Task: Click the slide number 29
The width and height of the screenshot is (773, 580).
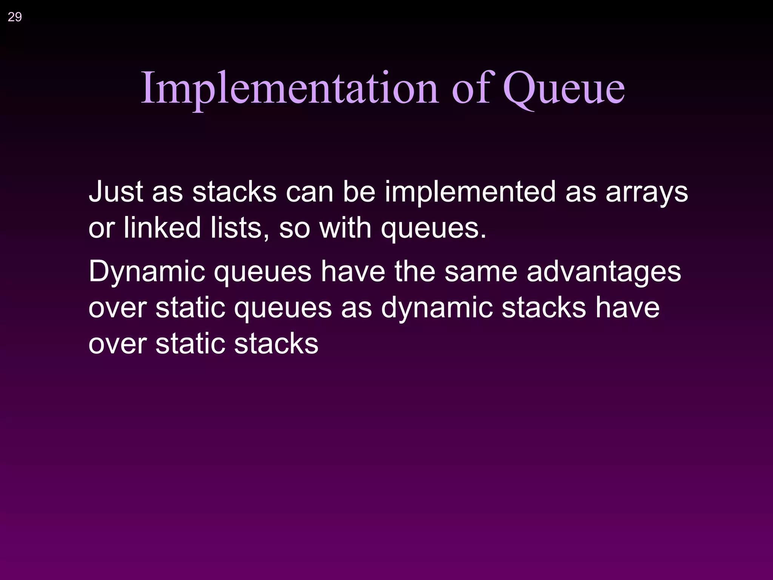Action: point(15,17)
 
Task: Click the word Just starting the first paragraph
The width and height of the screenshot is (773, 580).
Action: point(115,191)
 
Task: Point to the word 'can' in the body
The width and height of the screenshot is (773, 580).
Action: point(309,191)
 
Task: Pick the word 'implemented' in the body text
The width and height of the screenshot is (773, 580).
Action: point(470,191)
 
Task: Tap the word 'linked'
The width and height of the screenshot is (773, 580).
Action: point(162,228)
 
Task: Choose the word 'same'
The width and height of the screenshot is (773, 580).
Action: point(480,271)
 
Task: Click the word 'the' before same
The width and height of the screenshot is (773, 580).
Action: point(414,271)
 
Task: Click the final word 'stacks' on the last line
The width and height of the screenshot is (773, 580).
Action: point(276,344)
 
